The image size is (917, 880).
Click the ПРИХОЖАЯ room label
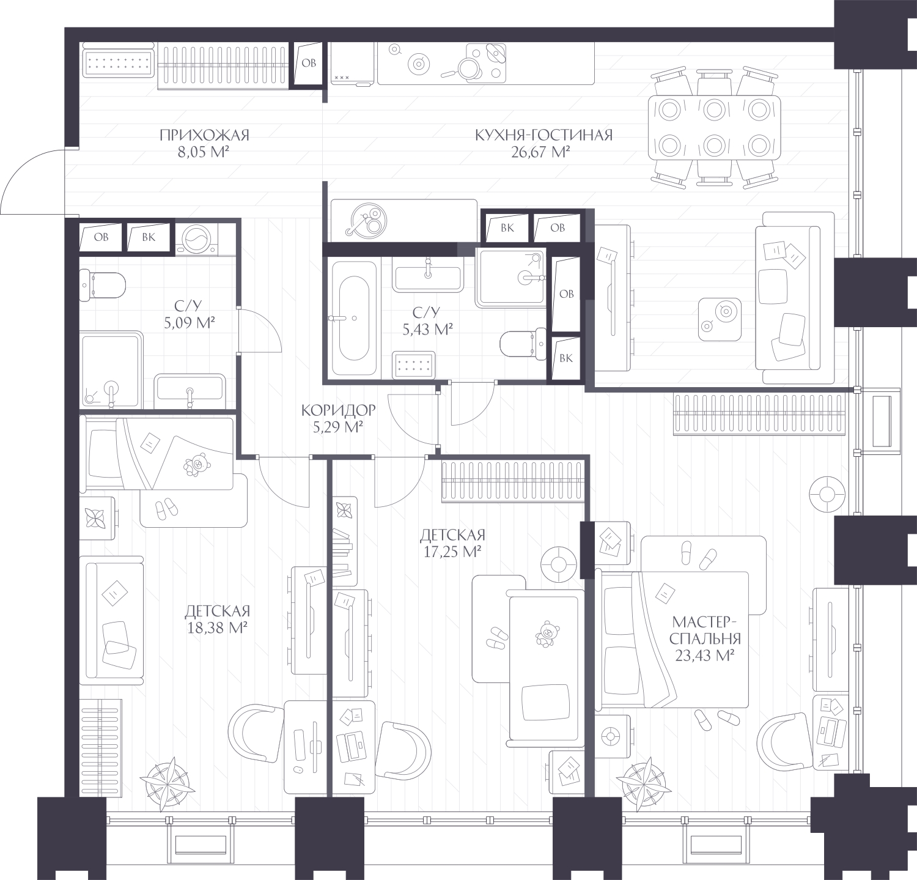204,135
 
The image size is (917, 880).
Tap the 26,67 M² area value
540,152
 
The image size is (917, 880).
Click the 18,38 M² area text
216,627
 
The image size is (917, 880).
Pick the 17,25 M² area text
452,552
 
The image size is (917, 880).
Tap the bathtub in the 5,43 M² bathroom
353,317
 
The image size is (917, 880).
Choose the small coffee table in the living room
720,319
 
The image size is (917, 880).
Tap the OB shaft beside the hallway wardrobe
309,63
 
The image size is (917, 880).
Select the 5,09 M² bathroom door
259,330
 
